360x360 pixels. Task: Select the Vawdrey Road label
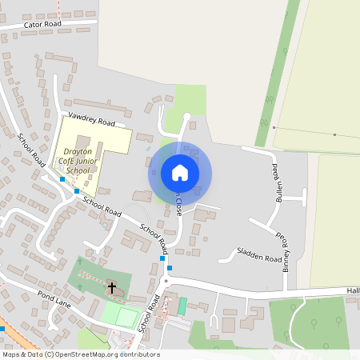click(92, 120)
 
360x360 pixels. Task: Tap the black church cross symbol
click(112, 286)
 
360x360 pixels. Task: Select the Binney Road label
click(284, 253)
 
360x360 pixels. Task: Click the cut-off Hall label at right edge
click(353, 291)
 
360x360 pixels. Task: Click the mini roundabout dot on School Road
click(166, 281)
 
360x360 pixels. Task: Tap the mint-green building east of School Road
click(182, 306)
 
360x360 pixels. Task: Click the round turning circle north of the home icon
click(187, 117)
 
